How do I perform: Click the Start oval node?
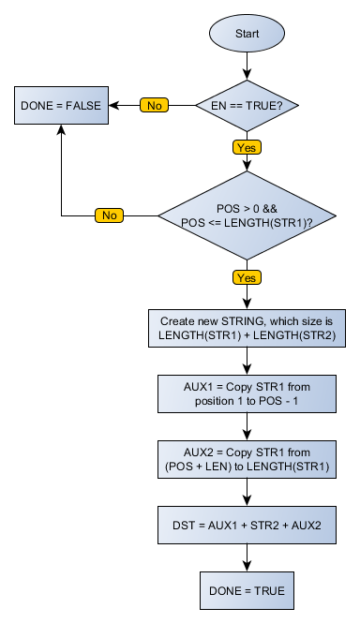(x=247, y=34)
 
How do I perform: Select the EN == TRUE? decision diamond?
(x=247, y=105)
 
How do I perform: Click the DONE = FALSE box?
(x=61, y=105)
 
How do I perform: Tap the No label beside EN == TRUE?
(x=155, y=105)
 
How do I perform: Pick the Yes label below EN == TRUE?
(x=247, y=146)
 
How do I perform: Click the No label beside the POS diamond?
(x=110, y=215)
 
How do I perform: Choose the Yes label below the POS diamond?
(x=247, y=277)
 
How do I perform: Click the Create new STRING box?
(x=247, y=327)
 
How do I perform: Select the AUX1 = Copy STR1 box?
(x=247, y=393)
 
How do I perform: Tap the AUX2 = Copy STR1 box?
(x=247, y=459)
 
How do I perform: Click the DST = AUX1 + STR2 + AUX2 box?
(x=247, y=525)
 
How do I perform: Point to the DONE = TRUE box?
(x=247, y=591)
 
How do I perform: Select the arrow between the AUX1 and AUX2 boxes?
(x=247, y=425)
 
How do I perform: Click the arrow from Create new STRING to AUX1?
(x=247, y=360)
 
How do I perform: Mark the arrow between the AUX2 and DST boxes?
(x=247, y=492)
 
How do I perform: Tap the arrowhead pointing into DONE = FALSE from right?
(x=115, y=105)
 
